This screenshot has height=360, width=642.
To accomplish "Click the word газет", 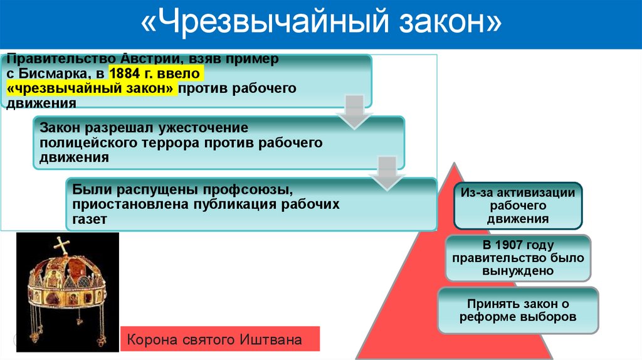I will click(x=90, y=220).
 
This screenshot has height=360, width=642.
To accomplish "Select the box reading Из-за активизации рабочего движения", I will click(x=518, y=205).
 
